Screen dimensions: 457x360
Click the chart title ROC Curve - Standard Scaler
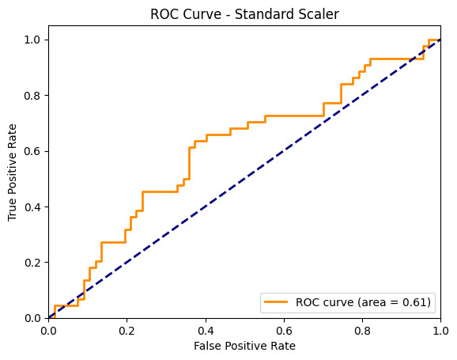244,14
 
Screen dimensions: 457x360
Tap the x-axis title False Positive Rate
244,346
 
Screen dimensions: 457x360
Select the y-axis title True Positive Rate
12,172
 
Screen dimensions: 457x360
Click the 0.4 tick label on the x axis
206,331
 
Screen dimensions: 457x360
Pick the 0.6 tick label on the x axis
284,331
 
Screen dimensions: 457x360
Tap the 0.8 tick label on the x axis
362,331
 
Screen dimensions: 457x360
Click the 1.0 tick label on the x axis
440,331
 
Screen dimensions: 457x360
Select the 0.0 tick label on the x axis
49,331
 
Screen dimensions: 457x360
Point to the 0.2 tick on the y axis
32,263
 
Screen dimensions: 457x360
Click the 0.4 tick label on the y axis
32,207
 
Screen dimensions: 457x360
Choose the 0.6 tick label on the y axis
32,151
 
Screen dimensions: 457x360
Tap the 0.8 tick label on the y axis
32,96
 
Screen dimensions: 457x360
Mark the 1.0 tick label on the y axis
32,40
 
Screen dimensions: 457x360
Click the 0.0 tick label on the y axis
32,318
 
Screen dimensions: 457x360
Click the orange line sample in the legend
276,302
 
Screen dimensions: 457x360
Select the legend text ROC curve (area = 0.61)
363,302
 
